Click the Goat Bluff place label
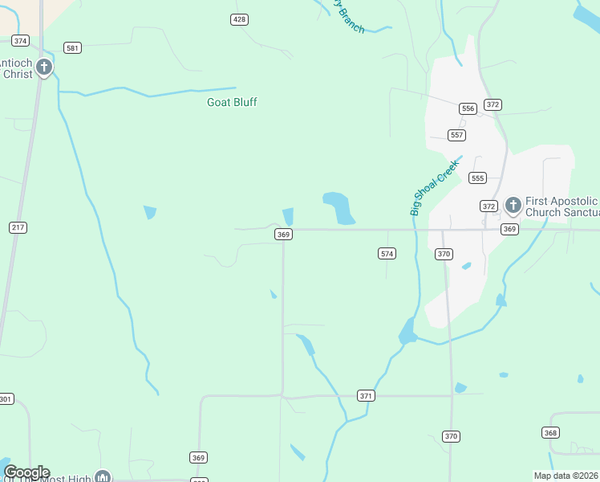tap(232, 102)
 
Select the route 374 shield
tap(21, 40)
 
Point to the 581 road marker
tap(73, 48)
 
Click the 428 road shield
tap(239, 19)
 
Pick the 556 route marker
tap(468, 108)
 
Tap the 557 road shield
tap(456, 135)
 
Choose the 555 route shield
tap(478, 178)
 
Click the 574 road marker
tap(387, 254)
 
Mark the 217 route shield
tap(18, 227)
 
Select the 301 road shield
tap(6, 399)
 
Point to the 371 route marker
tap(366, 396)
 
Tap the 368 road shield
tap(550, 433)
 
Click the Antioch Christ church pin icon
tap(45, 67)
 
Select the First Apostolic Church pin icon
tap(513, 205)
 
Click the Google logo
tap(26, 472)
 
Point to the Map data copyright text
tap(566, 476)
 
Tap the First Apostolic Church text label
tap(561, 206)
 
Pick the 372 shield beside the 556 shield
tap(493, 104)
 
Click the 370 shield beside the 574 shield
tap(444, 254)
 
